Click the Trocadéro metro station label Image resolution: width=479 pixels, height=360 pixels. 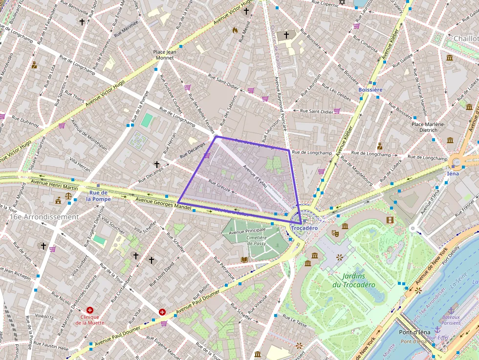click(x=304, y=228)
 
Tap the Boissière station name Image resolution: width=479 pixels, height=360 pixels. click(x=370, y=90)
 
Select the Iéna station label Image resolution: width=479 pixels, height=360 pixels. click(x=453, y=173)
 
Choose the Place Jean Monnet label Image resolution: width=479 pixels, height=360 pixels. click(x=164, y=54)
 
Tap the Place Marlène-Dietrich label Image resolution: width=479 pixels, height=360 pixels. click(x=428, y=127)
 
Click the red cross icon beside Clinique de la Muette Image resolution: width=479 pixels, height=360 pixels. click(x=90, y=310)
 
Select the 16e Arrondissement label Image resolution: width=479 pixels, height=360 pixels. click(x=44, y=216)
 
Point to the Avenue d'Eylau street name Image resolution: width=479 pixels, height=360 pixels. click(x=255, y=178)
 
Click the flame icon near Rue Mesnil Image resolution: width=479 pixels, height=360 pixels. click(x=235, y=30)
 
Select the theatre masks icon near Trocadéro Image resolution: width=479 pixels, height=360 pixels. click(x=335, y=233)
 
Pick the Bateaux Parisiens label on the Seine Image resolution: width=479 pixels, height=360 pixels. click(x=451, y=319)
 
